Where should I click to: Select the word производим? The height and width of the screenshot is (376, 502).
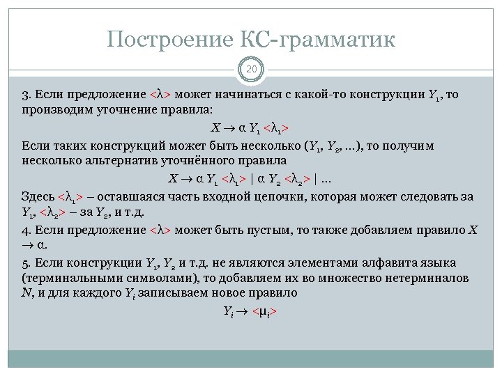point(52,111)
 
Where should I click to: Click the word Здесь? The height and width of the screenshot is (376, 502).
point(38,196)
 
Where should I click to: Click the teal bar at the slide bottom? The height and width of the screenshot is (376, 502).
point(250,358)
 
